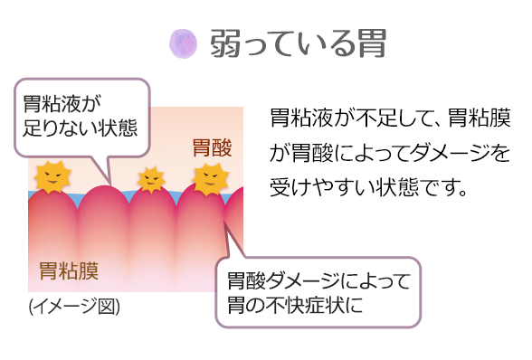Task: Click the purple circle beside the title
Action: coord(183,42)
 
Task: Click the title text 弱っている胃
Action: coord(299,43)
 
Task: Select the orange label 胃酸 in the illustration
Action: coord(213,147)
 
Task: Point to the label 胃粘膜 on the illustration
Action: coord(69,270)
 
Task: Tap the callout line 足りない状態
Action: coord(81,126)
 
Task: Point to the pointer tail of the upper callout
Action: coord(106,167)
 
